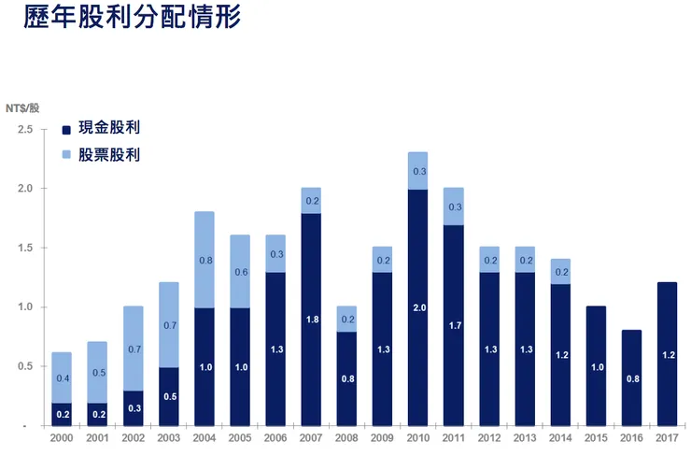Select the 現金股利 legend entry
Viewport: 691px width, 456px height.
pyautogui.click(x=101, y=128)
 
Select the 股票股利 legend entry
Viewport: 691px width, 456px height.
pyautogui.click(x=101, y=155)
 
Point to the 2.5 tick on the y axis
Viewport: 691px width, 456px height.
pyautogui.click(x=24, y=129)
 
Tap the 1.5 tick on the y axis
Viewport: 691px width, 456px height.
pyautogui.click(x=24, y=248)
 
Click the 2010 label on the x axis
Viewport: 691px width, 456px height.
pyautogui.click(x=417, y=437)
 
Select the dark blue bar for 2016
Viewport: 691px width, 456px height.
pyautogui.click(x=632, y=378)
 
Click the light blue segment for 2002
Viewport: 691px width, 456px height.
pyautogui.click(x=134, y=349)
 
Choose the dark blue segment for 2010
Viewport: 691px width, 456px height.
pyautogui.click(x=417, y=307)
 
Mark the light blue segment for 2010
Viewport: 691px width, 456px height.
pyautogui.click(x=417, y=171)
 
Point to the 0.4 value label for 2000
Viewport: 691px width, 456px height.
pyautogui.click(x=62, y=378)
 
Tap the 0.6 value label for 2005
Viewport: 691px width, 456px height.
pyautogui.click(x=239, y=272)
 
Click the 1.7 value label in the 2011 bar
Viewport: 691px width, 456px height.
pyautogui.click(x=453, y=325)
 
